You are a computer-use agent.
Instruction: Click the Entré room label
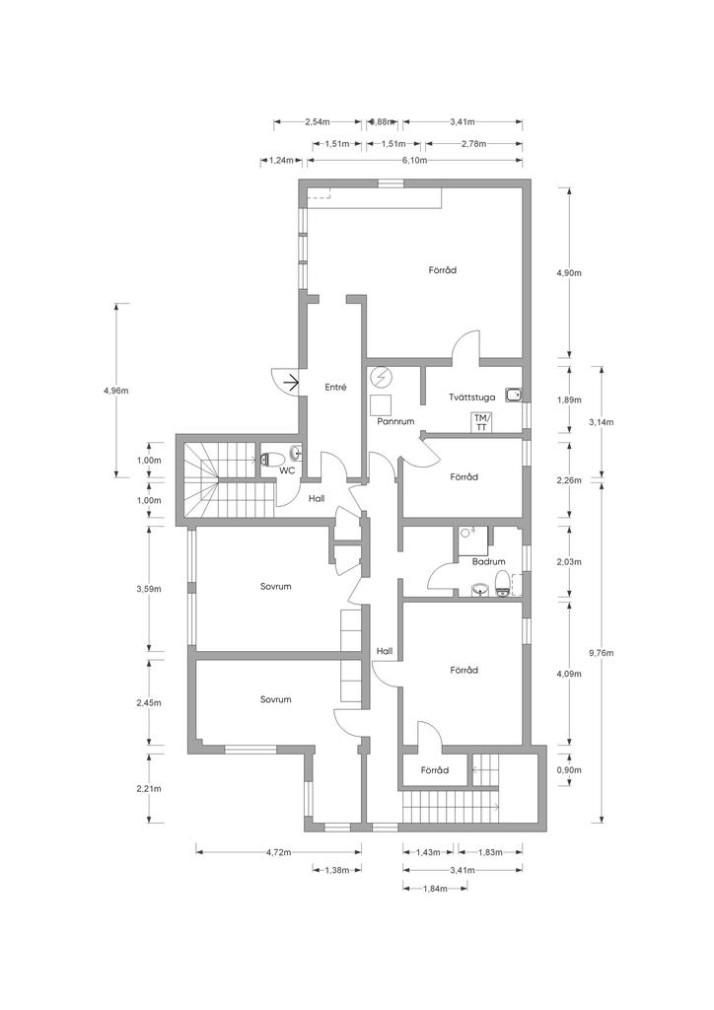(x=335, y=387)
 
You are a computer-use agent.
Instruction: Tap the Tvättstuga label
(x=472, y=397)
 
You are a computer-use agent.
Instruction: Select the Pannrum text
(x=395, y=421)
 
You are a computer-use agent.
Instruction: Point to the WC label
(x=287, y=470)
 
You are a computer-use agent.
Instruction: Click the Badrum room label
(x=489, y=561)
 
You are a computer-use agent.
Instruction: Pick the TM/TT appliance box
(x=481, y=421)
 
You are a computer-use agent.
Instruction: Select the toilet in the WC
(x=273, y=460)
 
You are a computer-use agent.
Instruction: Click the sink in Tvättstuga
(x=513, y=395)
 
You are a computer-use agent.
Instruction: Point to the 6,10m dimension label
(x=414, y=160)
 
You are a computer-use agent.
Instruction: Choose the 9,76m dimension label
(x=602, y=652)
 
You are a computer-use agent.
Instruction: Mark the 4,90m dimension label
(x=568, y=272)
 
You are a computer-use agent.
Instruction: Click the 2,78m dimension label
(x=473, y=143)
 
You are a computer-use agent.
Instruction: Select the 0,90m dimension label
(x=569, y=769)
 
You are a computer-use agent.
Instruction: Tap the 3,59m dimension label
(x=149, y=589)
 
